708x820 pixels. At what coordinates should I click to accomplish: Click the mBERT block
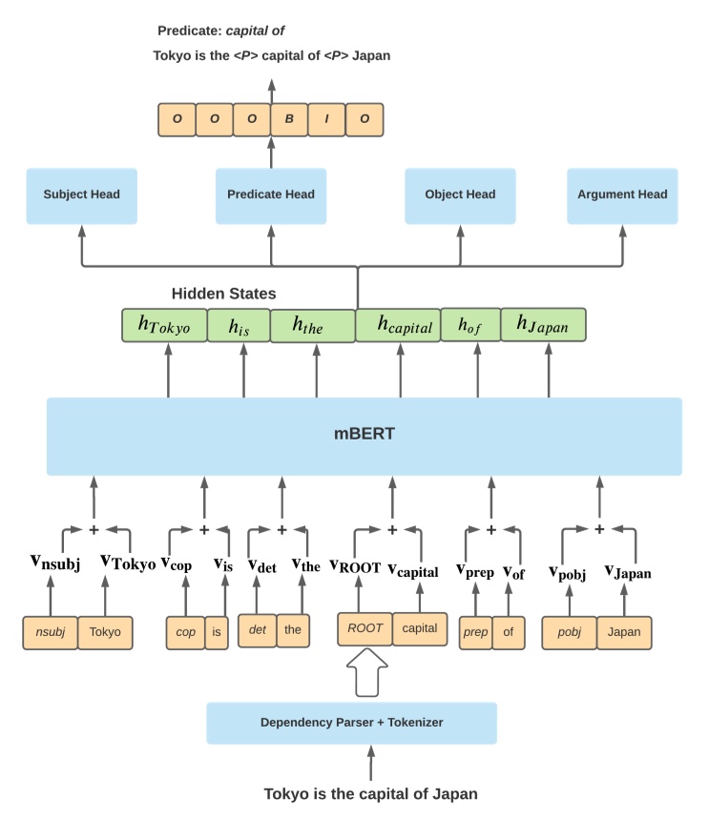pos(364,436)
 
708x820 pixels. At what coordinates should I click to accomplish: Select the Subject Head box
pos(82,195)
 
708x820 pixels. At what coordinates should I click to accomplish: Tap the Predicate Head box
pos(271,195)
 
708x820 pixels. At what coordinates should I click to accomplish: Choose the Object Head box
pos(460,195)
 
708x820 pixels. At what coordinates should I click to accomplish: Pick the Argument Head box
pos(622,195)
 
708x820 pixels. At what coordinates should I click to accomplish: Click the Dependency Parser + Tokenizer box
pos(351,723)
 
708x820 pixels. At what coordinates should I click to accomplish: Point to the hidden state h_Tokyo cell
pos(164,326)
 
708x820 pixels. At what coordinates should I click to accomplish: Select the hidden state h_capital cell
pos(398,326)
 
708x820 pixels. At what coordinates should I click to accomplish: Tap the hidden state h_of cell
pos(469,326)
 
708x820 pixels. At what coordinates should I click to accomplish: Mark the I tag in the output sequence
pos(327,119)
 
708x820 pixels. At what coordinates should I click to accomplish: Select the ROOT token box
pos(364,629)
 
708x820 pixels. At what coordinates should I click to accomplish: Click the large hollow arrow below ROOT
pos(364,673)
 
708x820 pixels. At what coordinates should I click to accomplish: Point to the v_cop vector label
pos(177,564)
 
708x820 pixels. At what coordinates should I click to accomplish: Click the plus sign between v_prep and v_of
pos(490,529)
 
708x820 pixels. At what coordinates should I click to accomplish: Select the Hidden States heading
pos(223,294)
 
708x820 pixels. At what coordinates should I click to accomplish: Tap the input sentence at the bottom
pos(370,793)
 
